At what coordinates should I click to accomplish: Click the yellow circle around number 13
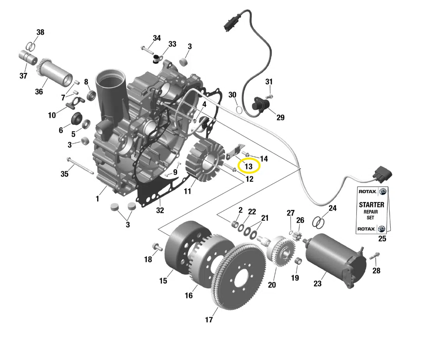click(249, 166)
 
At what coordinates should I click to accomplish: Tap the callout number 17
click(209, 320)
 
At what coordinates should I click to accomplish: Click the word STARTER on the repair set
click(371, 204)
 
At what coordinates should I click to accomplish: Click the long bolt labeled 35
click(80, 165)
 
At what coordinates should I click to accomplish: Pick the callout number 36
click(39, 92)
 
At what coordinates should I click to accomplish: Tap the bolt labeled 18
click(157, 247)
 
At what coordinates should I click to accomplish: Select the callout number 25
click(382, 238)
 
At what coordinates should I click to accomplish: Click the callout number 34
click(157, 38)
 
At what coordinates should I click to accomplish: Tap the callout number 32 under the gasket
click(160, 211)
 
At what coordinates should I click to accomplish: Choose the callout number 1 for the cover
click(97, 199)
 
